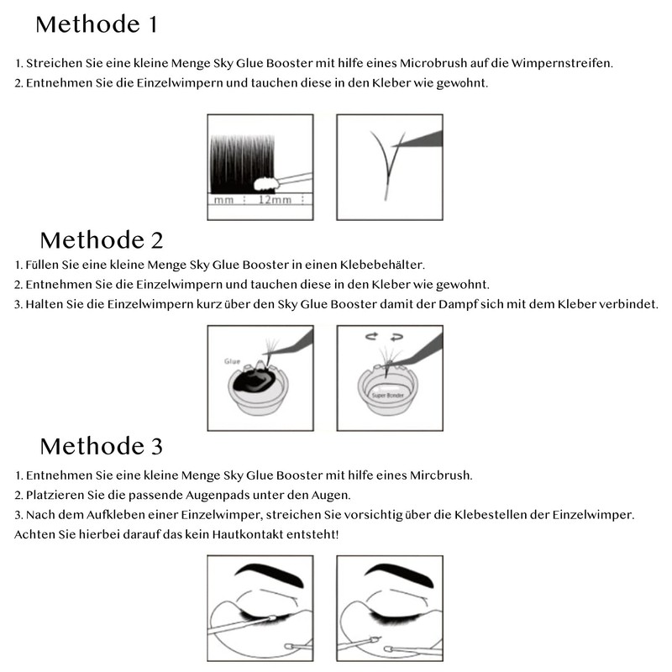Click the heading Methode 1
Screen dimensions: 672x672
(x=96, y=24)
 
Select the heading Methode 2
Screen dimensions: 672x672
(x=101, y=240)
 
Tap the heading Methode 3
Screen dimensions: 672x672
(x=101, y=444)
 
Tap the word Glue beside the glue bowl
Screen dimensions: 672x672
(x=233, y=361)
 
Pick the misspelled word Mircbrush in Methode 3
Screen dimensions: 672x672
(x=437, y=475)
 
